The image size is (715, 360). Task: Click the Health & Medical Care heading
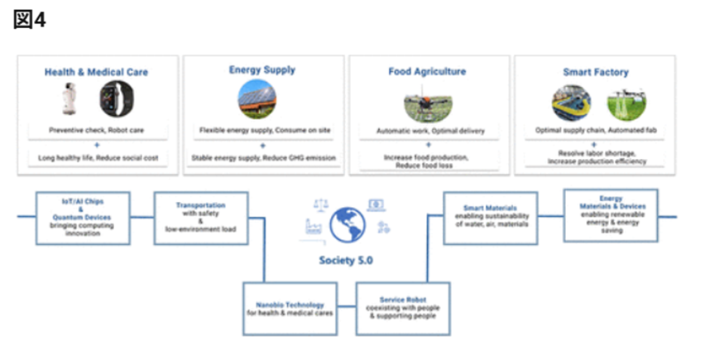(x=97, y=72)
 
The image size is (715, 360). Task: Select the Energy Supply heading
(x=262, y=70)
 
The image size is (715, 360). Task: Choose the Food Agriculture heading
(x=427, y=72)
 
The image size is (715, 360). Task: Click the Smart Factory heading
(x=593, y=72)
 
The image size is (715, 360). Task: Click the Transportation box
(x=201, y=217)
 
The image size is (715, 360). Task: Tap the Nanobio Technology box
(x=290, y=307)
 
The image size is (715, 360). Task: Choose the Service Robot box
(x=404, y=308)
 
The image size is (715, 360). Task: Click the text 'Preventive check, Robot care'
(x=97, y=131)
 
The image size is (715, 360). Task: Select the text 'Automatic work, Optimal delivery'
(x=427, y=131)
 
